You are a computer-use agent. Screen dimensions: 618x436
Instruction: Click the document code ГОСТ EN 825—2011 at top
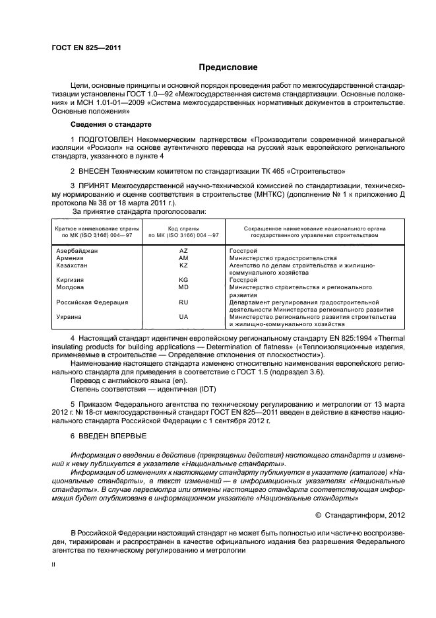coord(86,48)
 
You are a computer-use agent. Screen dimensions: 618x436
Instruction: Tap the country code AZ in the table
coord(183,252)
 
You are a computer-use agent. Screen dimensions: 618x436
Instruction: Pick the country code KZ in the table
coord(183,265)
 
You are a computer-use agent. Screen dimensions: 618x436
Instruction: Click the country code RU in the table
coord(183,302)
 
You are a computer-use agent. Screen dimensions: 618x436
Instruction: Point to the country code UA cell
coord(183,317)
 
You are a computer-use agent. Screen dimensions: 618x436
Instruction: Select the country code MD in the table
coord(183,288)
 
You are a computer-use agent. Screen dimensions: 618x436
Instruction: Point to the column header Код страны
coord(183,228)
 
